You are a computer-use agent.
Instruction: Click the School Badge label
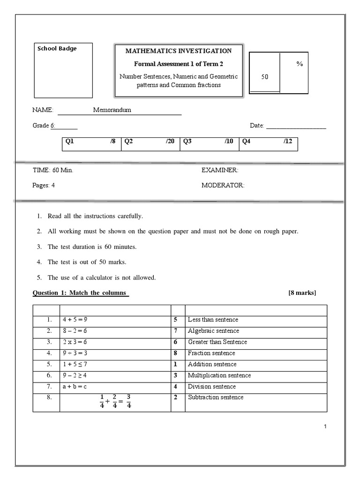click(x=57, y=48)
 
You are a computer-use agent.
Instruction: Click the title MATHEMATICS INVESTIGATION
click(x=178, y=51)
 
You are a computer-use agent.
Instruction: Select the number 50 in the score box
click(x=265, y=77)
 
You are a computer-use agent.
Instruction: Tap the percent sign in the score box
click(x=300, y=64)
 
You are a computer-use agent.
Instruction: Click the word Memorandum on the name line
click(x=112, y=110)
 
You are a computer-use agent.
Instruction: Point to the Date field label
click(x=257, y=126)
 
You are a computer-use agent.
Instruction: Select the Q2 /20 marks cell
click(x=150, y=141)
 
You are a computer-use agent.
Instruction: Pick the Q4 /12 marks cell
click(x=268, y=141)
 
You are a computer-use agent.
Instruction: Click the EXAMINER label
click(x=220, y=170)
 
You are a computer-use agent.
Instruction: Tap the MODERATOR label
click(x=223, y=185)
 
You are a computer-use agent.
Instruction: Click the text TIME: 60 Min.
click(x=52, y=170)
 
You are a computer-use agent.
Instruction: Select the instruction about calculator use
click(x=102, y=277)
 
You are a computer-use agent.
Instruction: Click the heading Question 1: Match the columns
click(x=80, y=293)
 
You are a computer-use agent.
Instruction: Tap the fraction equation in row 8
click(x=115, y=401)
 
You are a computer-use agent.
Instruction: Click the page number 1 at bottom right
click(x=325, y=427)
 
